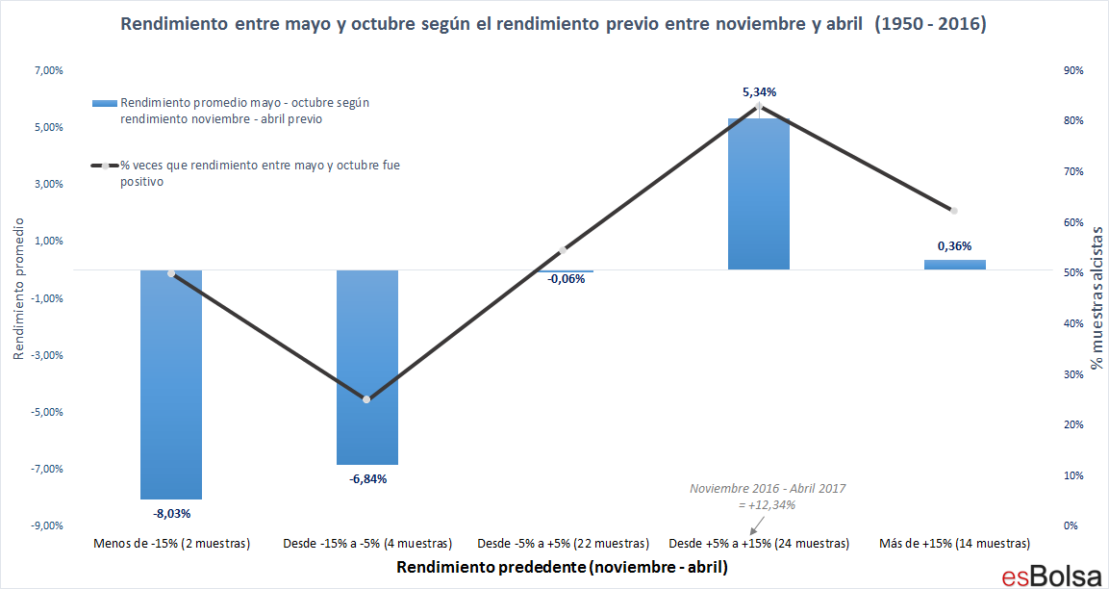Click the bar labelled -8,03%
point(171,384)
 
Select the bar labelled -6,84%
point(366,367)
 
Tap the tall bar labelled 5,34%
point(758,193)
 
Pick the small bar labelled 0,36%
point(954,264)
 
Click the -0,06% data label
point(567,279)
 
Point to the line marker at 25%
point(366,399)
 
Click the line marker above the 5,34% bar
point(759,106)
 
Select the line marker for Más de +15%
point(954,211)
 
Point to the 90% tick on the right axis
point(1072,71)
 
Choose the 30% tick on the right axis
point(1072,374)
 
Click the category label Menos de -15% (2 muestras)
point(171,544)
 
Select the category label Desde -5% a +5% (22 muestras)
point(563,544)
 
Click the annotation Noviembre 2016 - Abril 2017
point(767,489)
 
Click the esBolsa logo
point(1050,575)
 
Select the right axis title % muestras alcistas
point(1096,298)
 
